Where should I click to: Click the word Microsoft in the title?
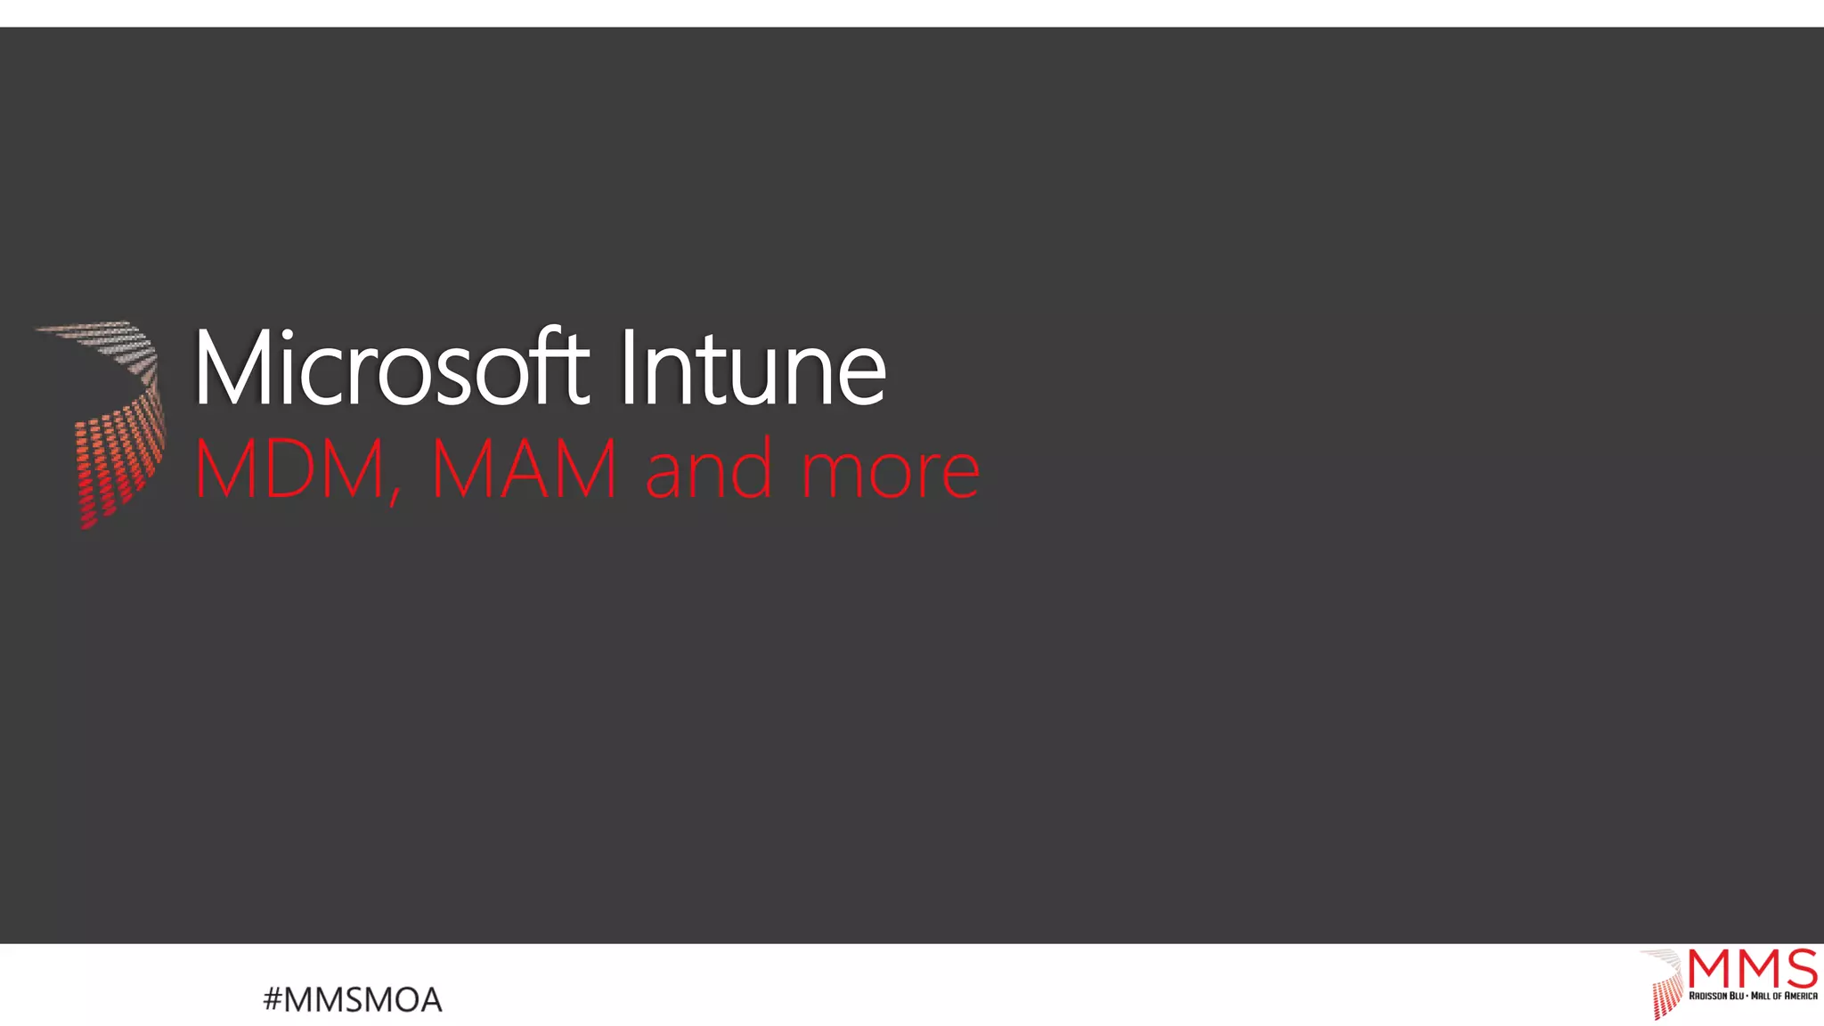pos(392,369)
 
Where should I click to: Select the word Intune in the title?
pos(753,369)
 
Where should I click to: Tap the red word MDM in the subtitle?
pos(290,469)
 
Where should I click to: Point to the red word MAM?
pos(524,469)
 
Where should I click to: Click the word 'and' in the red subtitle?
pos(708,469)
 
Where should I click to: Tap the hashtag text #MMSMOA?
pos(353,999)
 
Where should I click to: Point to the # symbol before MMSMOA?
pos(273,999)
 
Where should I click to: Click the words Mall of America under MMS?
pos(1784,996)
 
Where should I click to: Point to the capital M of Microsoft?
pos(233,369)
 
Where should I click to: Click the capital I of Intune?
pos(628,369)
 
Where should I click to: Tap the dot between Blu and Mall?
pos(1747,996)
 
